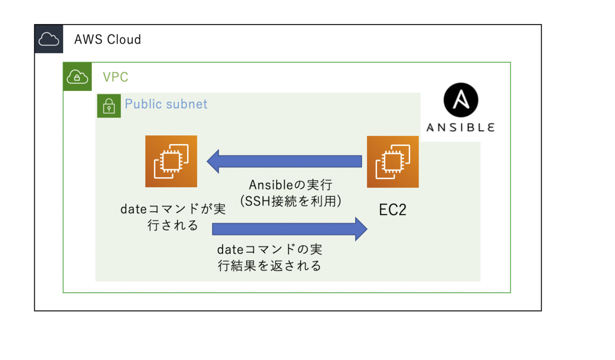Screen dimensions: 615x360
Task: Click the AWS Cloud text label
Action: click(x=108, y=39)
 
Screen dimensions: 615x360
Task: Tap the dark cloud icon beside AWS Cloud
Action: click(x=49, y=39)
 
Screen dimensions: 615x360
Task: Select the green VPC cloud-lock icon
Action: click(x=77, y=76)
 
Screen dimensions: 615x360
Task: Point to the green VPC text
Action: click(x=116, y=77)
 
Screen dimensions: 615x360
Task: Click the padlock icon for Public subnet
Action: click(x=109, y=106)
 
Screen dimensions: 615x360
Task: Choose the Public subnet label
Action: click(x=166, y=104)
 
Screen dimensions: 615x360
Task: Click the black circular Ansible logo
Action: click(x=461, y=100)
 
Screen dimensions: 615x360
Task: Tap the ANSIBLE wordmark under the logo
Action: click(x=461, y=128)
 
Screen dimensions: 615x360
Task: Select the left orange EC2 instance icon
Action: click(x=171, y=162)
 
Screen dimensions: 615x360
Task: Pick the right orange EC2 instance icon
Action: click(x=393, y=162)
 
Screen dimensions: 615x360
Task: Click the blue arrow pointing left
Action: click(x=284, y=162)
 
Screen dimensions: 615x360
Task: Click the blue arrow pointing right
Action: click(x=290, y=229)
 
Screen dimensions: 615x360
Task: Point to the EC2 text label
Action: click(x=393, y=210)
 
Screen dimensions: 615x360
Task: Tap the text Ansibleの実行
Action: click(x=291, y=185)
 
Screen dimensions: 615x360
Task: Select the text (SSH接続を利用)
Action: click(x=291, y=201)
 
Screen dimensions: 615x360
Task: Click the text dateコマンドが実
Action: click(x=173, y=209)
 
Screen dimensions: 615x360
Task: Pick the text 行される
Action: click(x=173, y=225)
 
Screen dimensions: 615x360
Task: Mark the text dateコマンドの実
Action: click(x=270, y=250)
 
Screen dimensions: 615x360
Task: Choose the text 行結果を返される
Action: click(x=270, y=266)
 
